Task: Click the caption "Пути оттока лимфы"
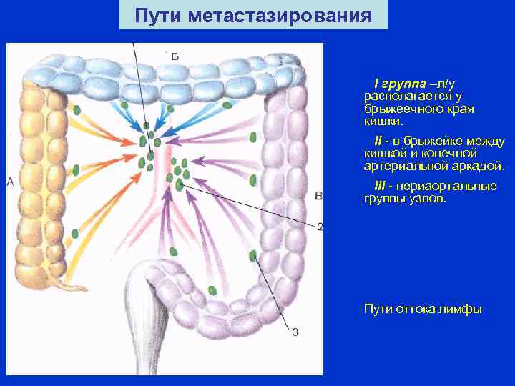[423, 309]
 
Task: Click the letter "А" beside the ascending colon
[10, 182]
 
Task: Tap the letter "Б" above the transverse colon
[173, 55]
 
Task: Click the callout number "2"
[319, 227]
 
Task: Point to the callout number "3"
[295, 330]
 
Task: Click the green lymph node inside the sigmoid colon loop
[212, 290]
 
